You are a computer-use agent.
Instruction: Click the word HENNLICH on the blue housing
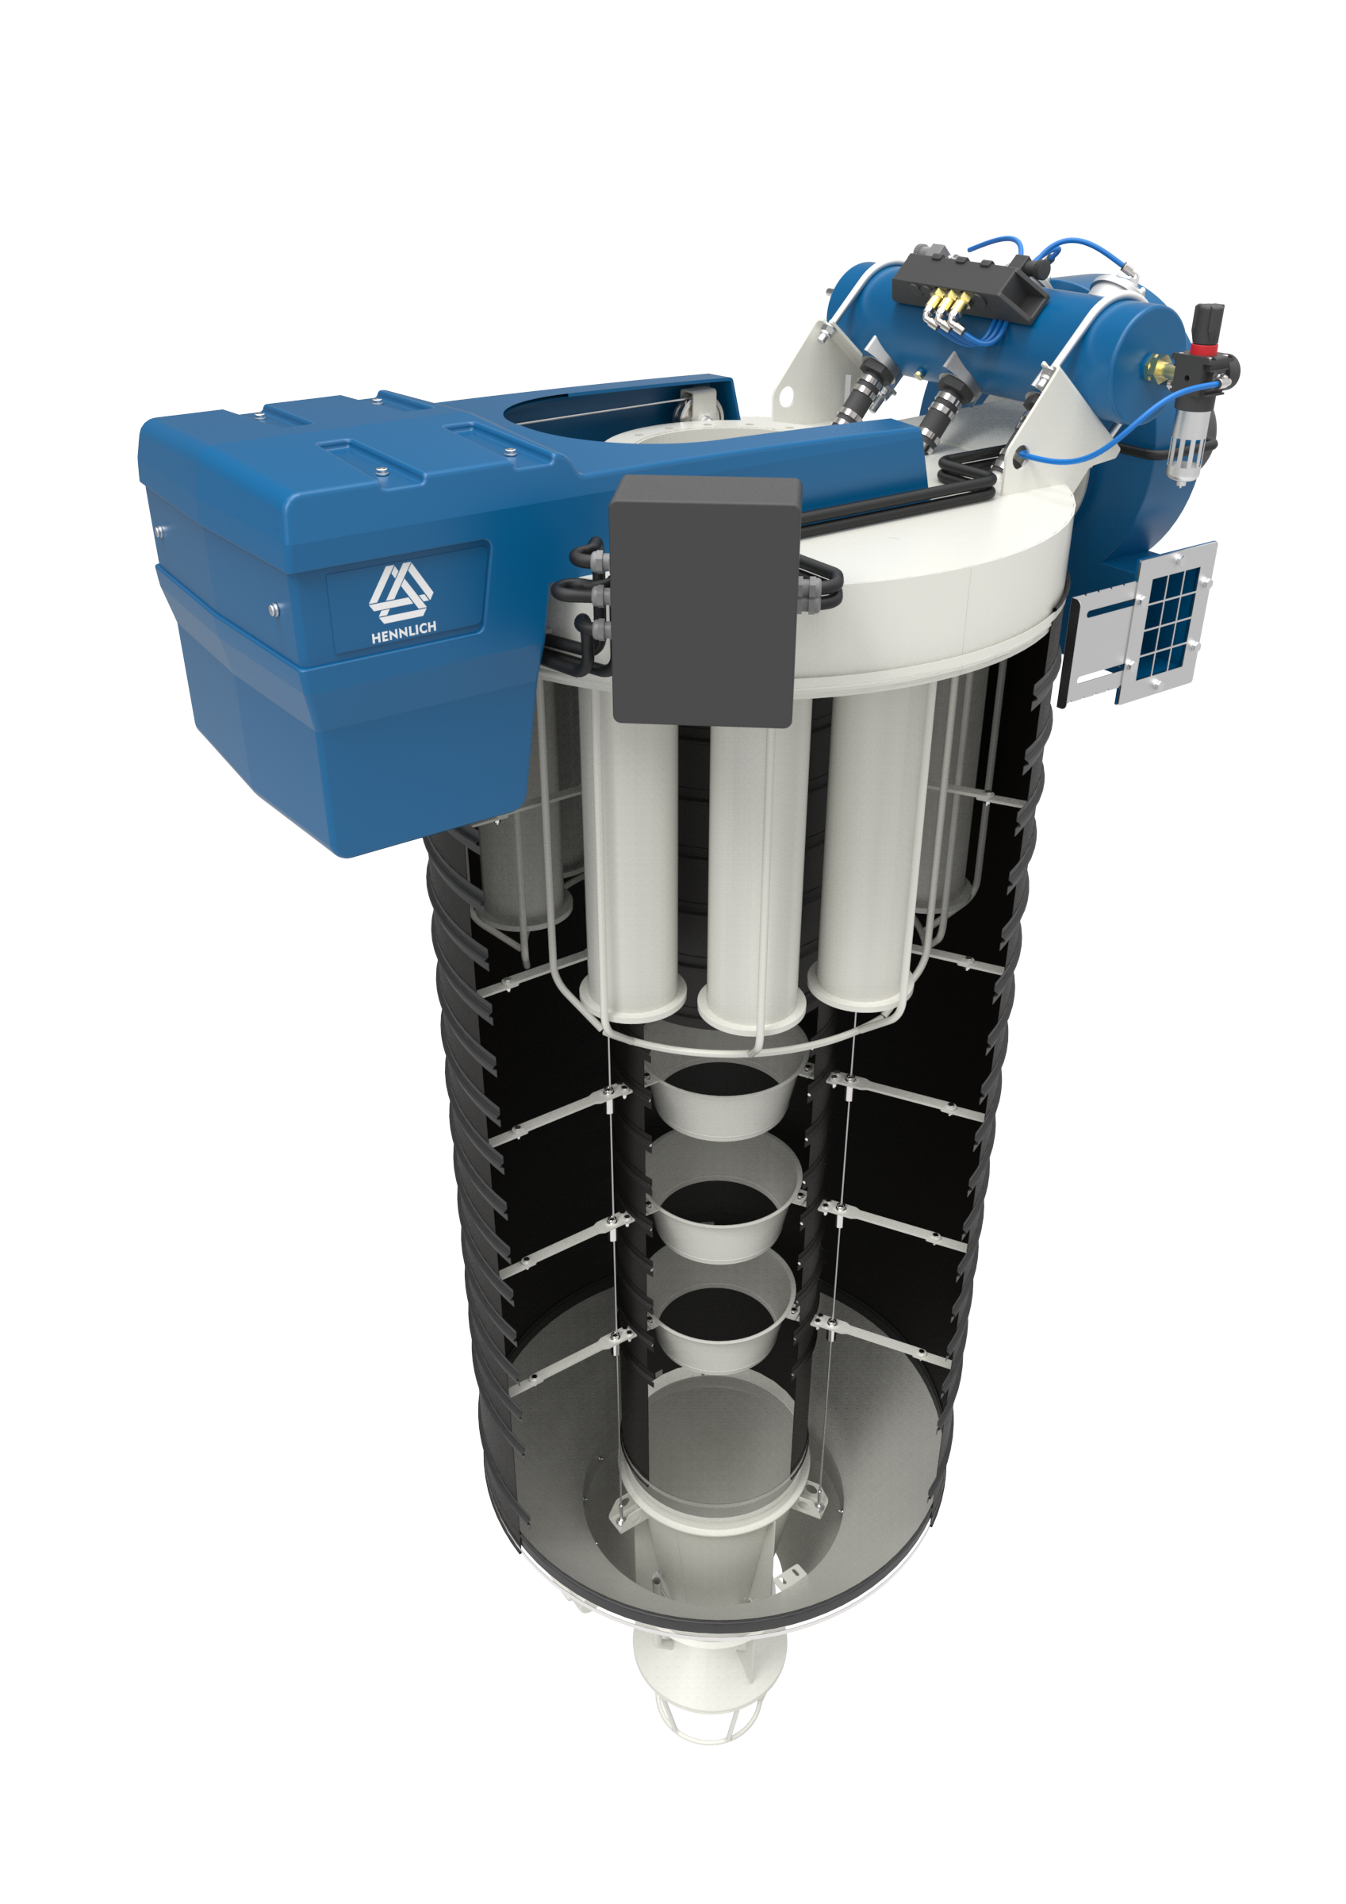tap(403, 633)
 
